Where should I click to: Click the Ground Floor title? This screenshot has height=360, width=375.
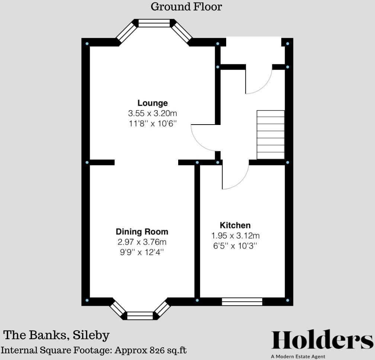click(186, 7)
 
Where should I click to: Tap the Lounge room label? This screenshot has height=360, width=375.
click(153, 103)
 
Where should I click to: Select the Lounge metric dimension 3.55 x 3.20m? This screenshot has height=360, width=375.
click(153, 113)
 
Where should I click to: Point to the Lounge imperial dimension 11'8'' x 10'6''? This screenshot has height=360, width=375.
click(153, 123)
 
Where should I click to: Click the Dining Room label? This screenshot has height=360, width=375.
click(142, 232)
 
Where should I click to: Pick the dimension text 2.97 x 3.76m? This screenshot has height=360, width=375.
click(142, 242)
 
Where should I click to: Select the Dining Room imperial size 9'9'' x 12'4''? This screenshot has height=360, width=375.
click(142, 252)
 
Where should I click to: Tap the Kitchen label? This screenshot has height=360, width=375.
click(235, 225)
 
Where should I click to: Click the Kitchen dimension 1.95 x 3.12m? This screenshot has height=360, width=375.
click(235, 235)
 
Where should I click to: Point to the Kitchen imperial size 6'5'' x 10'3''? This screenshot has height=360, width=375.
click(235, 246)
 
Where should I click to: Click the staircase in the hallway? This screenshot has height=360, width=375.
click(270, 135)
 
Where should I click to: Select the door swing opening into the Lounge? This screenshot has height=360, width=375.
click(203, 138)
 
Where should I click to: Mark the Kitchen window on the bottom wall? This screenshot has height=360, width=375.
click(242, 302)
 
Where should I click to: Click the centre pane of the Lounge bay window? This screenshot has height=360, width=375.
click(154, 23)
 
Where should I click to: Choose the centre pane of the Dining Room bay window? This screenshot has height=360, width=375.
click(140, 316)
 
